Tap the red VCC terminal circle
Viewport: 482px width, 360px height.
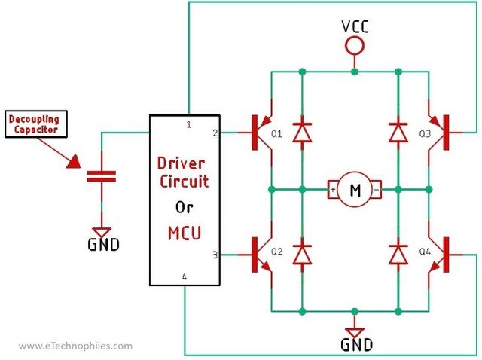point(354,47)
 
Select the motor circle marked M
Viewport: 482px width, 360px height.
point(354,191)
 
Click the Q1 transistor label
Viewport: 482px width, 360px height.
point(276,134)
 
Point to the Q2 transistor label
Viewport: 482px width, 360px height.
point(276,252)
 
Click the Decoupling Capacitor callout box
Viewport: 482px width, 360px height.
point(35,124)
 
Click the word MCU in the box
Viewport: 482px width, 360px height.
point(184,233)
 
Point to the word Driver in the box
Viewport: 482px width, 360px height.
point(183,162)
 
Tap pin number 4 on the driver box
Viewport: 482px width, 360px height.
point(184,277)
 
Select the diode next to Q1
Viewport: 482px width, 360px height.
point(302,131)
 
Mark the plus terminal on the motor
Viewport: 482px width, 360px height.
point(332,190)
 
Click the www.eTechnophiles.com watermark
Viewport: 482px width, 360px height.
point(75,346)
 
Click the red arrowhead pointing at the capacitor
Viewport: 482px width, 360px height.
point(76,161)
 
